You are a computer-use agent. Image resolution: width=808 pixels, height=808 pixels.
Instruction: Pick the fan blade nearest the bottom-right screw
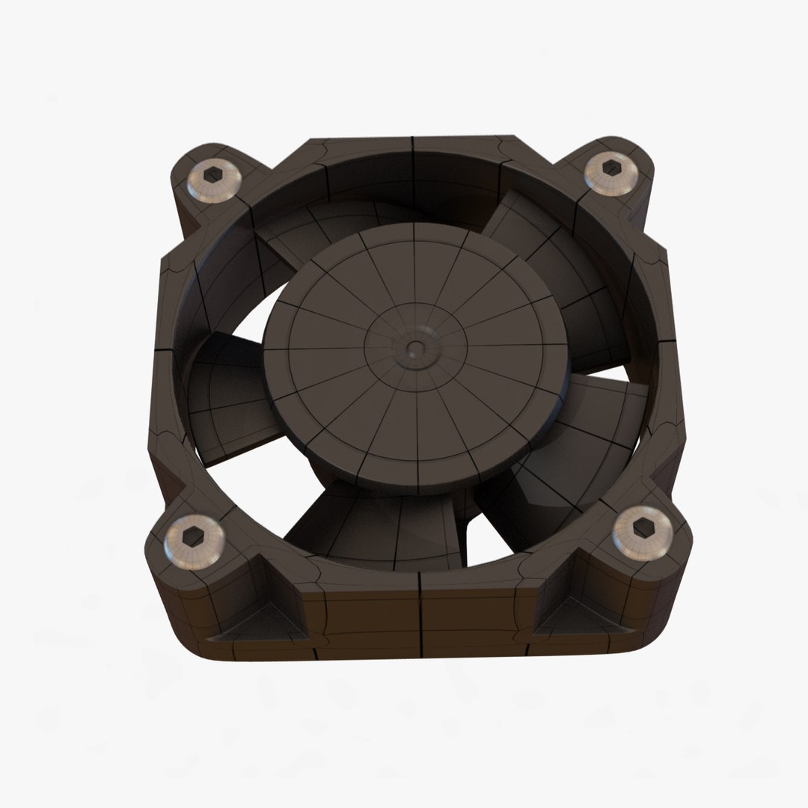tap(569, 464)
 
